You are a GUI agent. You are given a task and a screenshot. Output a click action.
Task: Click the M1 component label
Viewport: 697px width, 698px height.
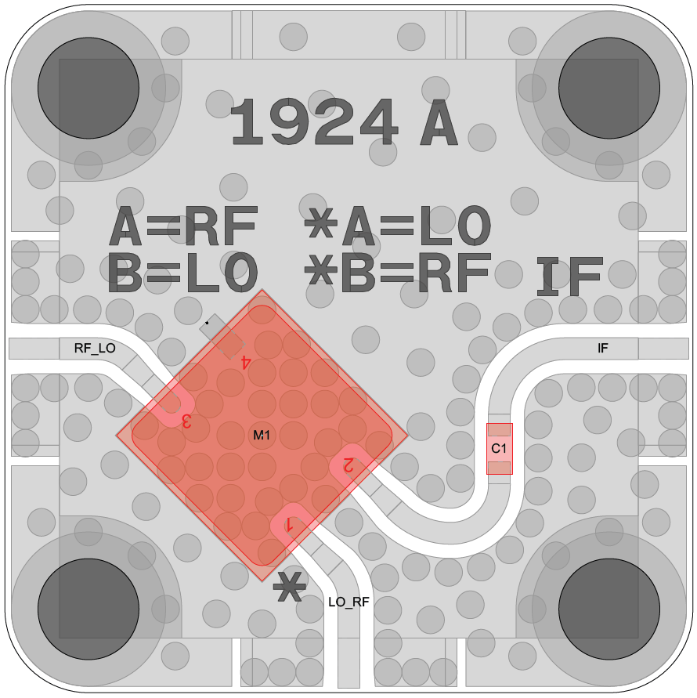click(262, 435)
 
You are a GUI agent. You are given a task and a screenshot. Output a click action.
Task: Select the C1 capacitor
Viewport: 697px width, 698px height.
click(500, 449)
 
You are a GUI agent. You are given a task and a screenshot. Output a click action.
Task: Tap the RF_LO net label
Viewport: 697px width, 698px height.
click(95, 348)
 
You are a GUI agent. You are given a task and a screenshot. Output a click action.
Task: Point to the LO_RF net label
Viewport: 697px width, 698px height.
click(349, 602)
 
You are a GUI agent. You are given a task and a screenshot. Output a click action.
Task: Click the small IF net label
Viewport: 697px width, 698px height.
click(603, 348)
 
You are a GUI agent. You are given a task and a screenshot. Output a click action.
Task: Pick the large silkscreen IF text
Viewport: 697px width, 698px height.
click(570, 277)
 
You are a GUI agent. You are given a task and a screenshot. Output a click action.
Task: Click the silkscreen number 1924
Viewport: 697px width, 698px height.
click(313, 122)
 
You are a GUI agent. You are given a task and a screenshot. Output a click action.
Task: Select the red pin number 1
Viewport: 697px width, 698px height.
click(290, 525)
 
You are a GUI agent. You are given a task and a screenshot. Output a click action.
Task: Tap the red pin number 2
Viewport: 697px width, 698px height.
click(348, 465)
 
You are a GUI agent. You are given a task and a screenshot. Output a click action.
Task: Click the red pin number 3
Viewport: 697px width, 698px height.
click(186, 421)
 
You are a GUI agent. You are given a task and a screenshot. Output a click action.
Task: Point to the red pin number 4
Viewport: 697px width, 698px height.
click(245, 362)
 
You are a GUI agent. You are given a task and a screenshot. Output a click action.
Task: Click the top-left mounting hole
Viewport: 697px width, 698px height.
click(88, 89)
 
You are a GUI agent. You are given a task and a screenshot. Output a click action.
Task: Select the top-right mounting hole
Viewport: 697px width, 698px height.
click(609, 89)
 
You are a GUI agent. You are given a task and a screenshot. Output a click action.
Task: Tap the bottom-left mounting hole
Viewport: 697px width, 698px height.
click(88, 609)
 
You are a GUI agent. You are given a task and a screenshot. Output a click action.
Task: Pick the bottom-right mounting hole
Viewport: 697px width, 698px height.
click(609, 609)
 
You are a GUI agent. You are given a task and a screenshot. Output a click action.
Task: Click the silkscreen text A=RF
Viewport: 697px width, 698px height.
click(183, 226)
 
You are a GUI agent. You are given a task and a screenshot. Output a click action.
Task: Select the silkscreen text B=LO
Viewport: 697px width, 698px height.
click(182, 273)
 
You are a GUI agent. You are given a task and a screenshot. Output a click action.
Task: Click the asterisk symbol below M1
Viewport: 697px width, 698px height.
click(290, 586)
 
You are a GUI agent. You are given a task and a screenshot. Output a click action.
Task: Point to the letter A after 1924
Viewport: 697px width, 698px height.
click(439, 122)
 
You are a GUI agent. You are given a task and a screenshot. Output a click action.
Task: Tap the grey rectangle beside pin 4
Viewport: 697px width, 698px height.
click(222, 336)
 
